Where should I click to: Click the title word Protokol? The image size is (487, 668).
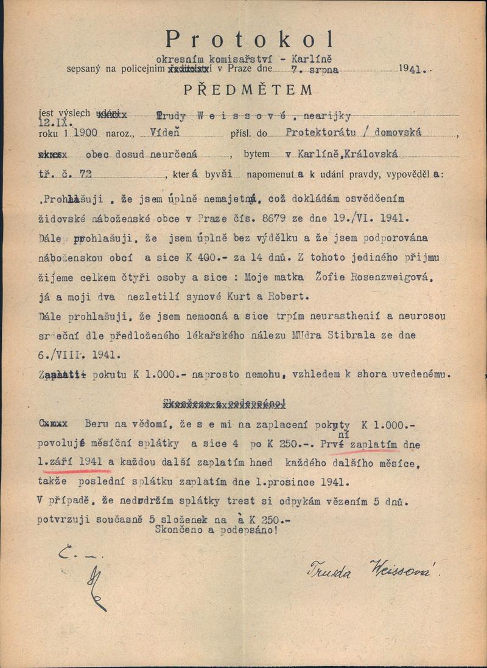point(250,40)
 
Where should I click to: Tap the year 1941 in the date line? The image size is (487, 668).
point(413,70)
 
